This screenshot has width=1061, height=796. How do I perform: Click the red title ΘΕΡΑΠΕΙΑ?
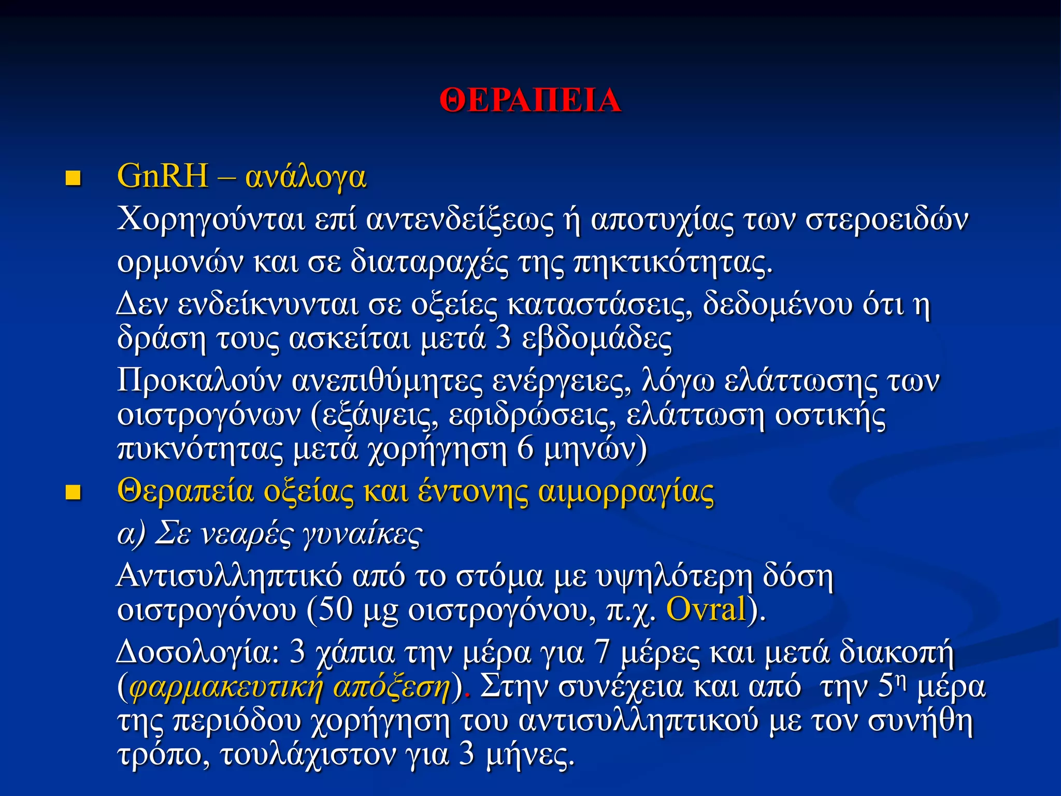coord(530,100)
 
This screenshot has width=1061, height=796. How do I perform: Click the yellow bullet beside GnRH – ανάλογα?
coord(73,179)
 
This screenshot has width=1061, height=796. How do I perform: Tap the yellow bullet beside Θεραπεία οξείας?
coord(73,493)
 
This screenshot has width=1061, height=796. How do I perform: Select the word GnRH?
coord(163,176)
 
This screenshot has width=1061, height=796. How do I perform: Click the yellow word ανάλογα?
coord(306,177)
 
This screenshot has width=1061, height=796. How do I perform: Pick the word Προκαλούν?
coord(199,381)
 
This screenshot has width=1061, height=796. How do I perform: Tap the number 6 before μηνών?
coord(525,449)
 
